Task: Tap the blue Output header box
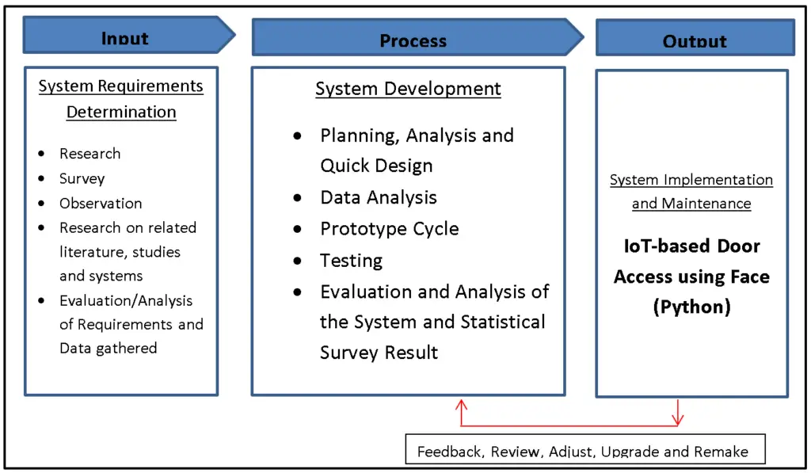(695, 38)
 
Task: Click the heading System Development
(408, 89)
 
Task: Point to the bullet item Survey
(82, 178)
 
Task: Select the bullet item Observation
(101, 203)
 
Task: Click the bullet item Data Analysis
(378, 197)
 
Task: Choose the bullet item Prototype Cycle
(389, 229)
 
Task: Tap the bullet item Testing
(351, 261)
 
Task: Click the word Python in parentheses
(691, 307)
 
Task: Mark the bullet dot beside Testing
(298, 261)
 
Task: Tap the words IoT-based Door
(691, 246)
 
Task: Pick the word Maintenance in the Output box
(708, 204)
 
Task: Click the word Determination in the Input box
(121, 112)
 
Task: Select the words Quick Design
(376, 166)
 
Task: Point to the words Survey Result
(379, 353)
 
